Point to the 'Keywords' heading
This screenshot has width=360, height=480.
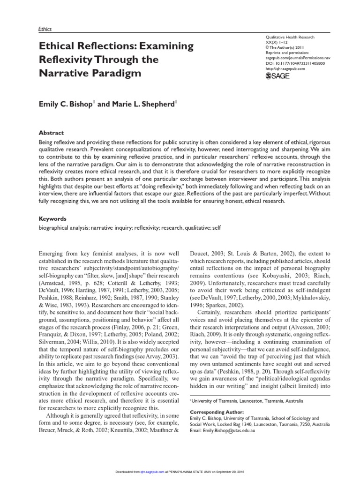(x=53, y=218)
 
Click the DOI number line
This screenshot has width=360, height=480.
(x=299, y=63)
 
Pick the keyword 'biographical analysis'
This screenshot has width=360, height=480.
(x=64, y=228)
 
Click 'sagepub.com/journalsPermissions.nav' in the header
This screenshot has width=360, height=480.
(x=300, y=58)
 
